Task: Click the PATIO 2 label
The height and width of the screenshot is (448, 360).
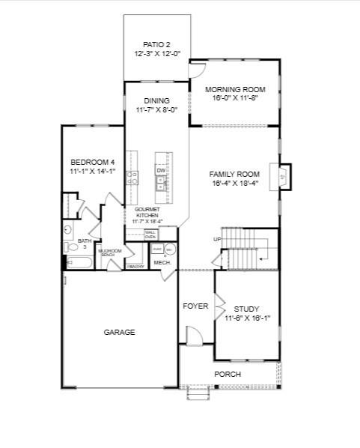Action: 157,44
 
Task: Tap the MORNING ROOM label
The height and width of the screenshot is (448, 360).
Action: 235,90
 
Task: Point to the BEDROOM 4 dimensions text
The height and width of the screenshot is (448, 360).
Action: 92,172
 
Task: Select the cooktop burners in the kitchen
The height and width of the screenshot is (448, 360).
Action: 132,178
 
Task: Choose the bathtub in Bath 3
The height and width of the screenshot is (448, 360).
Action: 79,262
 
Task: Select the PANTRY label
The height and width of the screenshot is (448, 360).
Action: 135,266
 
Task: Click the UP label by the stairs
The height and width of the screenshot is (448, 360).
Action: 218,239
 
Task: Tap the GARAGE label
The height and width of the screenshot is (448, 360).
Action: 120,332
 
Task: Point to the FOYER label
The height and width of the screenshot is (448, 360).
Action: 196,306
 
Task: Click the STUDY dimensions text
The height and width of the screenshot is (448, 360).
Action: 247,318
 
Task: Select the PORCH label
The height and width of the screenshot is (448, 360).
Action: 228,374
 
